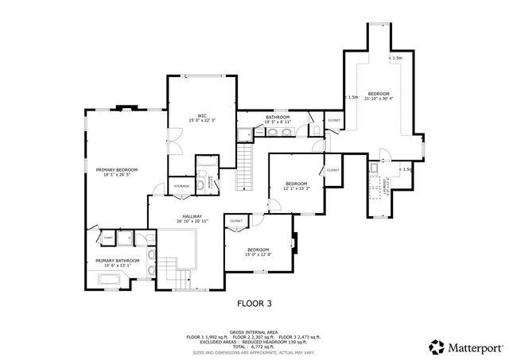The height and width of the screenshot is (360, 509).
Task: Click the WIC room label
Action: (x=202, y=114)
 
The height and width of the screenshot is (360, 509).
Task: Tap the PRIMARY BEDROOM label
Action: (x=117, y=169)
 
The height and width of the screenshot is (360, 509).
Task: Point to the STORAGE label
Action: (x=182, y=187)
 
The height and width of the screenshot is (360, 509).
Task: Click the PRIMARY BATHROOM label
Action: (x=117, y=261)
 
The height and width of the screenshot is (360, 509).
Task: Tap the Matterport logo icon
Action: (x=436, y=346)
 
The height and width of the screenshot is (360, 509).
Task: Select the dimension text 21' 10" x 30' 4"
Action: (x=379, y=99)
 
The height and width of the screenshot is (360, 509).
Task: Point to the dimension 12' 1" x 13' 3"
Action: (x=296, y=188)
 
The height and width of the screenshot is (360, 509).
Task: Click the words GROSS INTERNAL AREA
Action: (x=254, y=331)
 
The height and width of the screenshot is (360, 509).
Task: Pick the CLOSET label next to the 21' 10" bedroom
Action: (x=334, y=121)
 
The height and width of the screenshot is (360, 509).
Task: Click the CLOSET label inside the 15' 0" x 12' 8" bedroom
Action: (x=236, y=221)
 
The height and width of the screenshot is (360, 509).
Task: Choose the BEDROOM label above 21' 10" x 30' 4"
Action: (x=379, y=93)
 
